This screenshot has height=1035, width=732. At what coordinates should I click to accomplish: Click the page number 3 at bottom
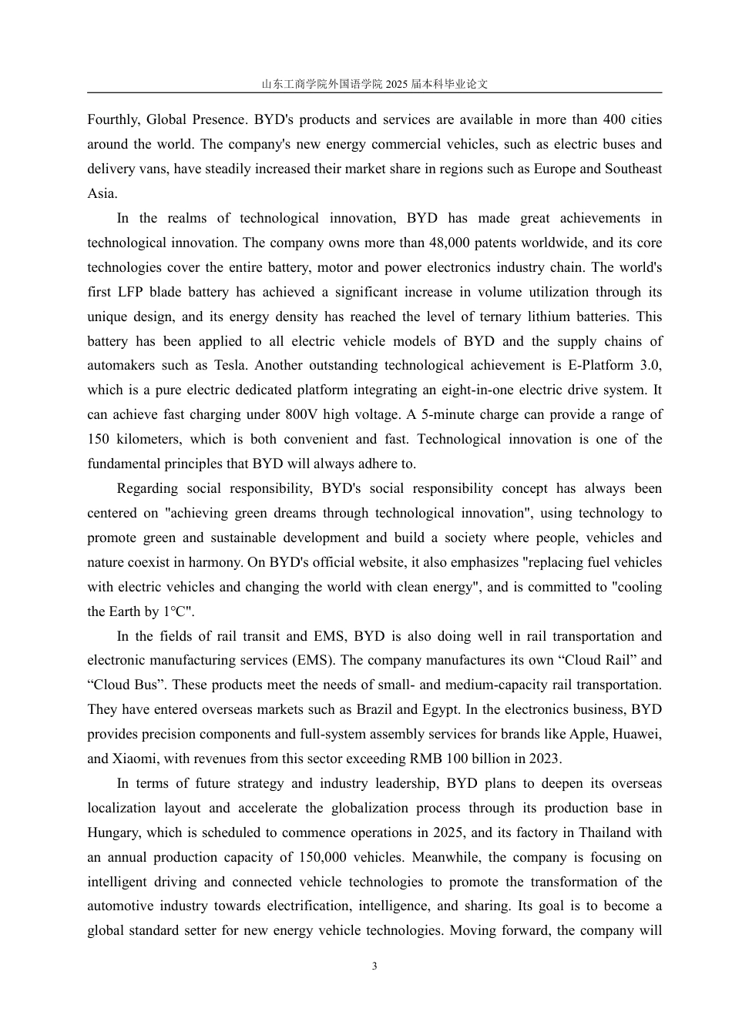tap(374, 966)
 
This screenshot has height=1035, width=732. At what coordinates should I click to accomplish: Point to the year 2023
tap(544, 759)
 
